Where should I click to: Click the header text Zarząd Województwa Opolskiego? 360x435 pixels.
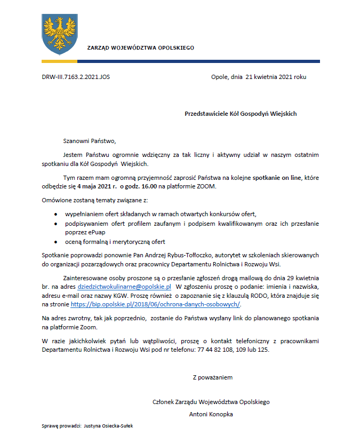pyautogui.click(x=140, y=48)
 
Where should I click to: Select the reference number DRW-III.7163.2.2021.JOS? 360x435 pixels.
pyautogui.click(x=76, y=77)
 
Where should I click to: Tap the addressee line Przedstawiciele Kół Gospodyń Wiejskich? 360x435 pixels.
pyautogui.click(x=241, y=114)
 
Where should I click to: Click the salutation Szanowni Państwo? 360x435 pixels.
pyautogui.click(x=89, y=141)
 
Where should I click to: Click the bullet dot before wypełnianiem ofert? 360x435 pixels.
pyautogui.click(x=57, y=213)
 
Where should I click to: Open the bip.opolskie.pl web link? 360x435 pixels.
pyautogui.click(x=156, y=304)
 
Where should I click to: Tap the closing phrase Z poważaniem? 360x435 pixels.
pyautogui.click(x=212, y=377)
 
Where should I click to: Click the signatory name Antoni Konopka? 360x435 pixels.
pyautogui.click(x=211, y=414)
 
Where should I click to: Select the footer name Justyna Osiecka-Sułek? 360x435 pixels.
pyautogui.click(x=110, y=426)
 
